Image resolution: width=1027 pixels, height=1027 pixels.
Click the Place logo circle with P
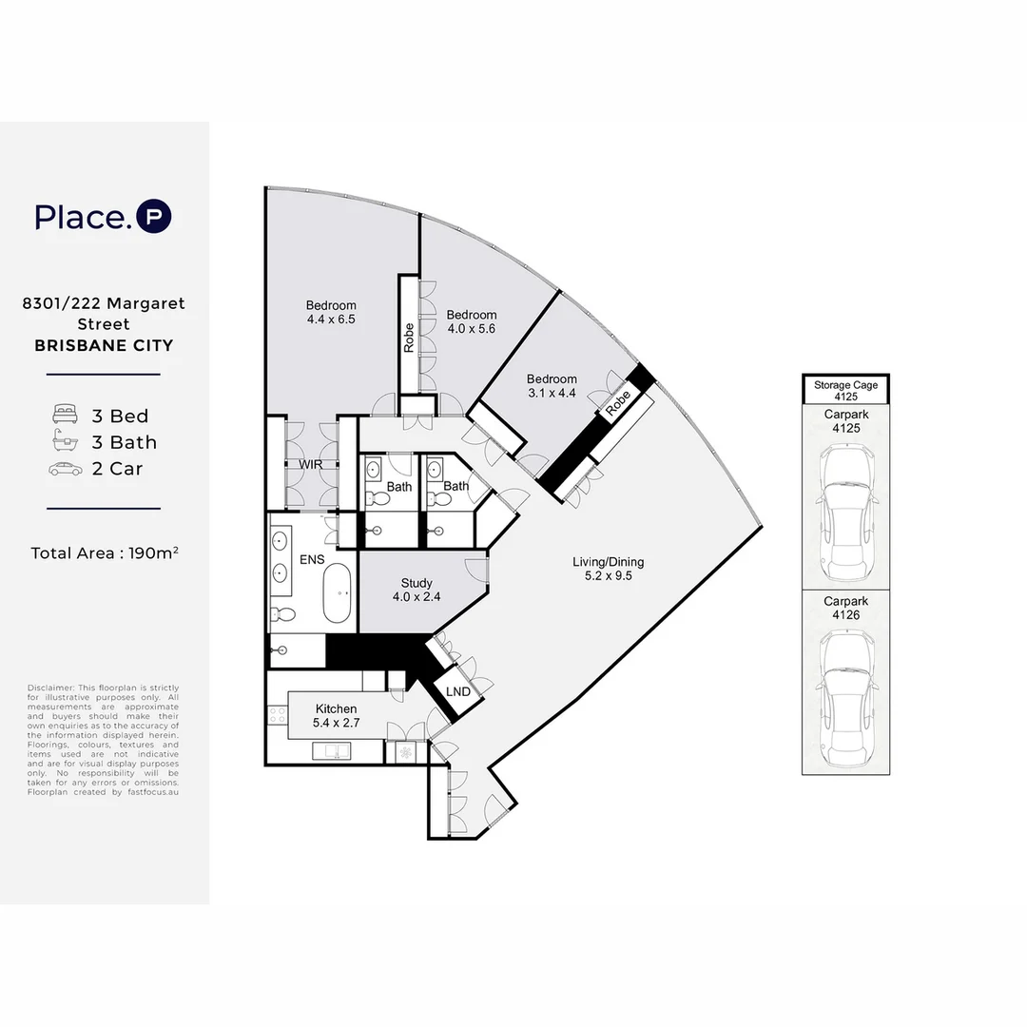(x=154, y=217)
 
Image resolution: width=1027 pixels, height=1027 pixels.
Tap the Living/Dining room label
(x=609, y=562)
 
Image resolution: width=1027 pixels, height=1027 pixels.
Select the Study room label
(x=417, y=583)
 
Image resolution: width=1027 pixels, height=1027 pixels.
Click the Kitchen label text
(x=336, y=708)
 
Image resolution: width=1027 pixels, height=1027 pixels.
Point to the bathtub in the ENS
(x=339, y=593)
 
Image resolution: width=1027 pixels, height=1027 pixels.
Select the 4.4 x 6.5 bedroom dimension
(x=331, y=320)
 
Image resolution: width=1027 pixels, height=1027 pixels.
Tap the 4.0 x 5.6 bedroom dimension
(x=472, y=329)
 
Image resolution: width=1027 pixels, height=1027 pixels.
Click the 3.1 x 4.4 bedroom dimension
(x=552, y=392)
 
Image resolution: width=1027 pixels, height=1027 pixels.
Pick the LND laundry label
(x=458, y=691)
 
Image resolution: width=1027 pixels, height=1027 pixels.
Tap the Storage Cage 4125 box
(x=844, y=390)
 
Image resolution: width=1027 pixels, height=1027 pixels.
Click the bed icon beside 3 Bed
(x=66, y=416)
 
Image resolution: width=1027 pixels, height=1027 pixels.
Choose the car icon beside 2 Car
(x=66, y=469)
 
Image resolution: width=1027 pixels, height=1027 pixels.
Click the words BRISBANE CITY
(x=104, y=345)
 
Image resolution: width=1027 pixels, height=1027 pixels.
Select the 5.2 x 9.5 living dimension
(x=609, y=575)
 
